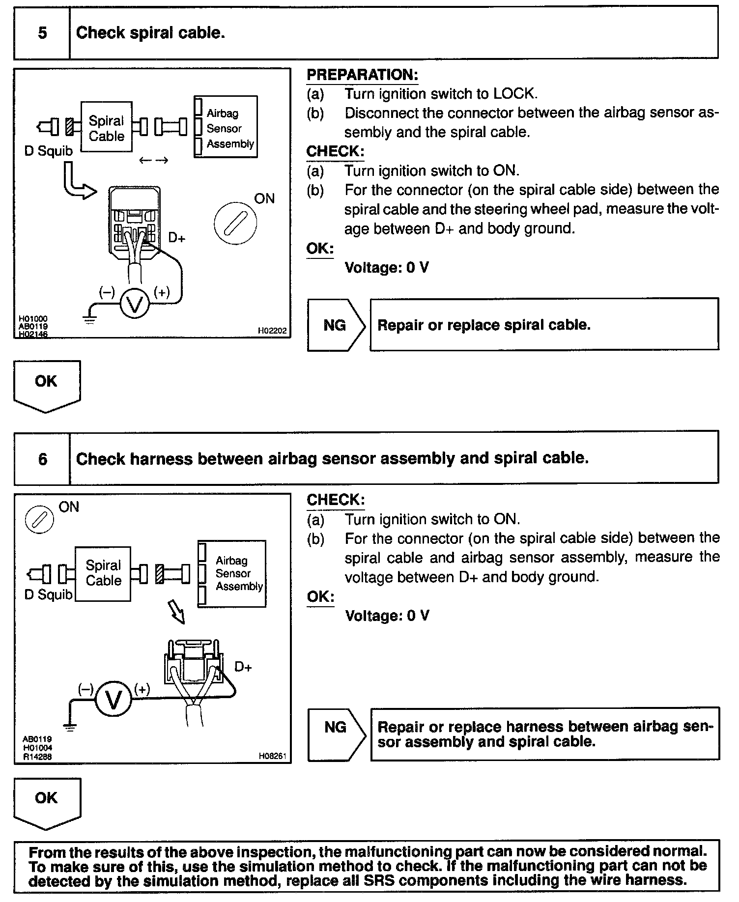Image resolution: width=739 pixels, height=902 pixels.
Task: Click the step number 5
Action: coord(42,33)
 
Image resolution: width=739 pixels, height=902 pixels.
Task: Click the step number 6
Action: coord(42,459)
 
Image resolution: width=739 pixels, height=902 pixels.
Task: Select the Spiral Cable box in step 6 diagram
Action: coord(103,573)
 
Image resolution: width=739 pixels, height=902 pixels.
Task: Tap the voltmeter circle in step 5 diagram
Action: coord(134,304)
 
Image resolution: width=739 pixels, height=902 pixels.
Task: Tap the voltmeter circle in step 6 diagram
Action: coord(113,700)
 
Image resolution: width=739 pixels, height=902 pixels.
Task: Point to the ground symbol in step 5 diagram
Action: coord(90,319)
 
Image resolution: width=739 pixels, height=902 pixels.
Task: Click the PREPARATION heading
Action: coord(362,75)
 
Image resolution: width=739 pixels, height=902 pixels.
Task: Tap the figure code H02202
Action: coord(272,331)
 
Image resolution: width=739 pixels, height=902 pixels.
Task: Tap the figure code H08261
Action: coord(272,756)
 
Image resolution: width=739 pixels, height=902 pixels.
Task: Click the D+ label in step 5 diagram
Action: coord(176,238)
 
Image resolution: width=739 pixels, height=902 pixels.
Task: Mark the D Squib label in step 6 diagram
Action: coord(48,595)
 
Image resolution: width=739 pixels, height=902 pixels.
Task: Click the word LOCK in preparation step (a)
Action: coord(514,93)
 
